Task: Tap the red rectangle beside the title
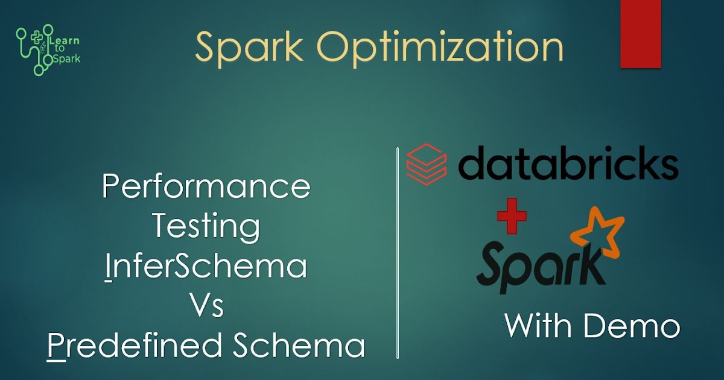point(641,34)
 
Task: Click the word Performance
point(206,188)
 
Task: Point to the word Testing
point(206,227)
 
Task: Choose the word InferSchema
point(206,267)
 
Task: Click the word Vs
point(206,306)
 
